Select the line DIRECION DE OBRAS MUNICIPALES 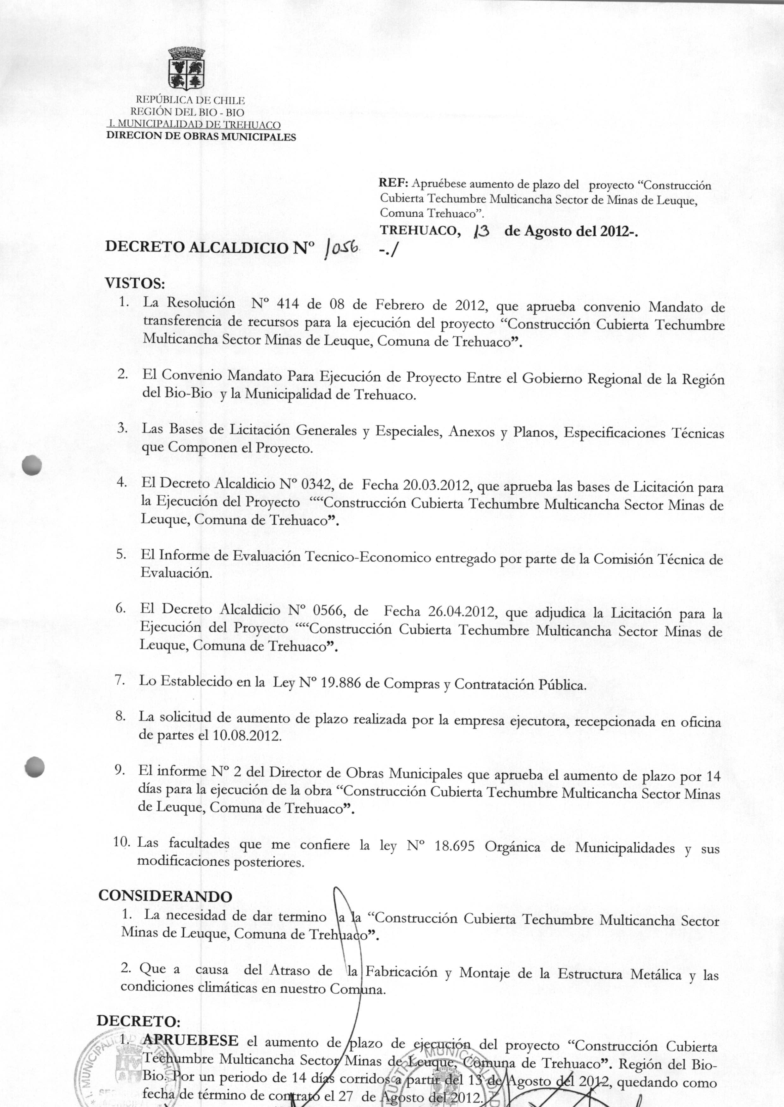pyautogui.click(x=201, y=136)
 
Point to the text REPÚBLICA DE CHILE pyautogui.click(x=190, y=100)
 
